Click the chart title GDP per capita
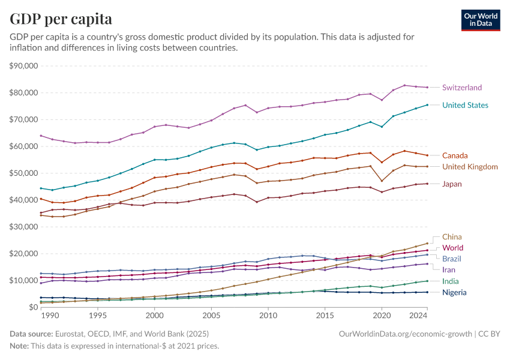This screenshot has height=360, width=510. point(61,19)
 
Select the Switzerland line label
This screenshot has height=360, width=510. point(461,88)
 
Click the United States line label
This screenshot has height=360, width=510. point(465,105)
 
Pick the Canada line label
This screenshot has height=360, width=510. point(455,155)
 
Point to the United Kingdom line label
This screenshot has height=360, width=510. point(470,166)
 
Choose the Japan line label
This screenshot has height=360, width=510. point(452,184)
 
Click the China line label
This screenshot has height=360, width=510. point(452,237)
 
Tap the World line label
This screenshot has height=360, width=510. point(452,248)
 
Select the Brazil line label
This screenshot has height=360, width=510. point(452,258)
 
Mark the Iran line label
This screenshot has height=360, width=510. point(449,270)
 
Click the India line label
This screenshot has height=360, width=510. point(451,281)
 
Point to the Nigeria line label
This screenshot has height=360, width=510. point(455,292)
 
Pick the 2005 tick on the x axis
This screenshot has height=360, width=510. point(211,316)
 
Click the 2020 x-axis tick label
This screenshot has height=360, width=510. point(382,316)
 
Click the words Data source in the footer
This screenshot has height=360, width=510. point(31,333)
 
